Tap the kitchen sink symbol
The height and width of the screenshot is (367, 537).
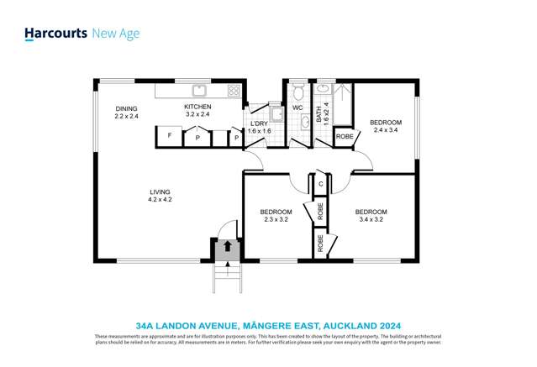pos(200,90)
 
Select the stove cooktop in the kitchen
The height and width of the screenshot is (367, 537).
pos(234,91)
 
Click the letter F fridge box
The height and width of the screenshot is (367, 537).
pos(170,135)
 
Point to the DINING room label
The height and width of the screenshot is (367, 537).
pos(127,112)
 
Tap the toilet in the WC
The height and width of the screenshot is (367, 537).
pos(295,93)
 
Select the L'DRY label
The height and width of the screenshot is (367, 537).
pos(260,125)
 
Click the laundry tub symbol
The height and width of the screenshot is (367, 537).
pos(275,115)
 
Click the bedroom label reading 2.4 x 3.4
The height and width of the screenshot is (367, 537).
pos(387,127)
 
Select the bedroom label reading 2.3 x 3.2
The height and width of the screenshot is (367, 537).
pos(276,215)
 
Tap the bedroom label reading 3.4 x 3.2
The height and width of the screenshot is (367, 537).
pos(371,215)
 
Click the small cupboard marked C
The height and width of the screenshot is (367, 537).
pos(320,183)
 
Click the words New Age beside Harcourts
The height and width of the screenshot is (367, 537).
pos(115,34)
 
